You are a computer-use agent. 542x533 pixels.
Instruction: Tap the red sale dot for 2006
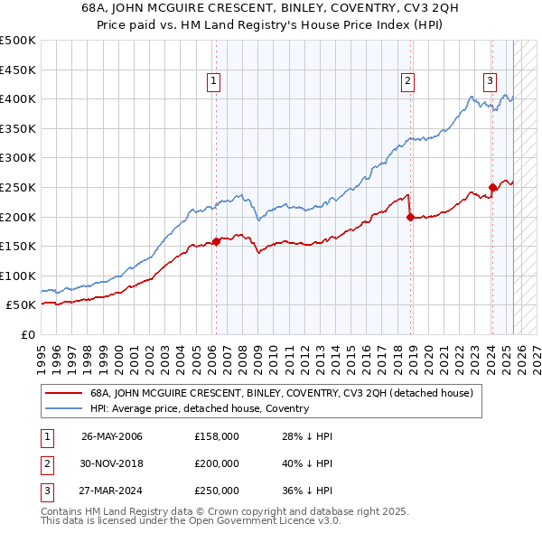pos(217,241)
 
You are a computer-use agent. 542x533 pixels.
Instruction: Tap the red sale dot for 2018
pos(410,217)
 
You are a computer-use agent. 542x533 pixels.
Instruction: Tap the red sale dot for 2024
pos(492,188)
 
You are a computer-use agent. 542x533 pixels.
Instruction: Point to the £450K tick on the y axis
pos(19,70)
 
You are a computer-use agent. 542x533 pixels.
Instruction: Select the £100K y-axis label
pos(19,276)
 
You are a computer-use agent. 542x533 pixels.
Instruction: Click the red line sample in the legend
pos(63,393)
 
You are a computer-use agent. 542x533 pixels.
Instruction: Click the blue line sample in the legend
pos(63,408)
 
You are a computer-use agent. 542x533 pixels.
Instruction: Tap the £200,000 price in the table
pos(217,463)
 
